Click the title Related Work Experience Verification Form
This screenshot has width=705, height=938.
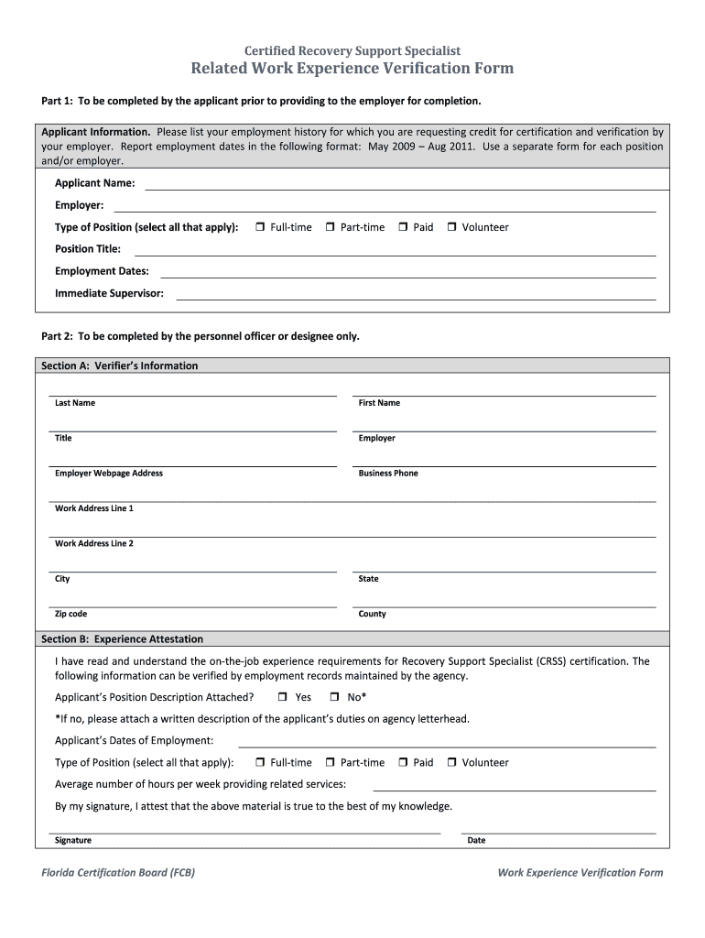[x=352, y=69]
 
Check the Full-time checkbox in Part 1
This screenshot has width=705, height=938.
[x=260, y=227]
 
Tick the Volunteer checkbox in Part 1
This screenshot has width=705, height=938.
[x=451, y=227]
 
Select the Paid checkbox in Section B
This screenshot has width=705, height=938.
[x=404, y=762]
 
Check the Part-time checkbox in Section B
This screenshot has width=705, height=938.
[x=331, y=762]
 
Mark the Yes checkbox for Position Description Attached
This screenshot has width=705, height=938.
[x=282, y=697]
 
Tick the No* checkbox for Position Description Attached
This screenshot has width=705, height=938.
[x=334, y=697]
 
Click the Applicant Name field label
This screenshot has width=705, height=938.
[x=94, y=183]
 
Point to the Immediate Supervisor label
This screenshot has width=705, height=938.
[x=109, y=293]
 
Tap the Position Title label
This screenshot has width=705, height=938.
[x=88, y=249]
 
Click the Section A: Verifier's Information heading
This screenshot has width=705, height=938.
[x=119, y=365]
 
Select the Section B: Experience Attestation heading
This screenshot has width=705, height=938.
[x=122, y=639]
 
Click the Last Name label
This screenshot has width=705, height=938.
[x=75, y=403]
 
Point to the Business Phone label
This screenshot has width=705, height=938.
[x=388, y=474]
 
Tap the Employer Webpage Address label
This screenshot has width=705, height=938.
[x=109, y=474]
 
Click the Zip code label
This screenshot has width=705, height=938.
[x=71, y=614]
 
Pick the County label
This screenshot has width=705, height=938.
[x=373, y=614]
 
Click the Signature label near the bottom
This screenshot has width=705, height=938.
[x=73, y=840]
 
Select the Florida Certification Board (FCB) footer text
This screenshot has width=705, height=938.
[x=118, y=873]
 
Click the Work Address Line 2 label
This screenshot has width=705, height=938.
[x=94, y=544]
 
